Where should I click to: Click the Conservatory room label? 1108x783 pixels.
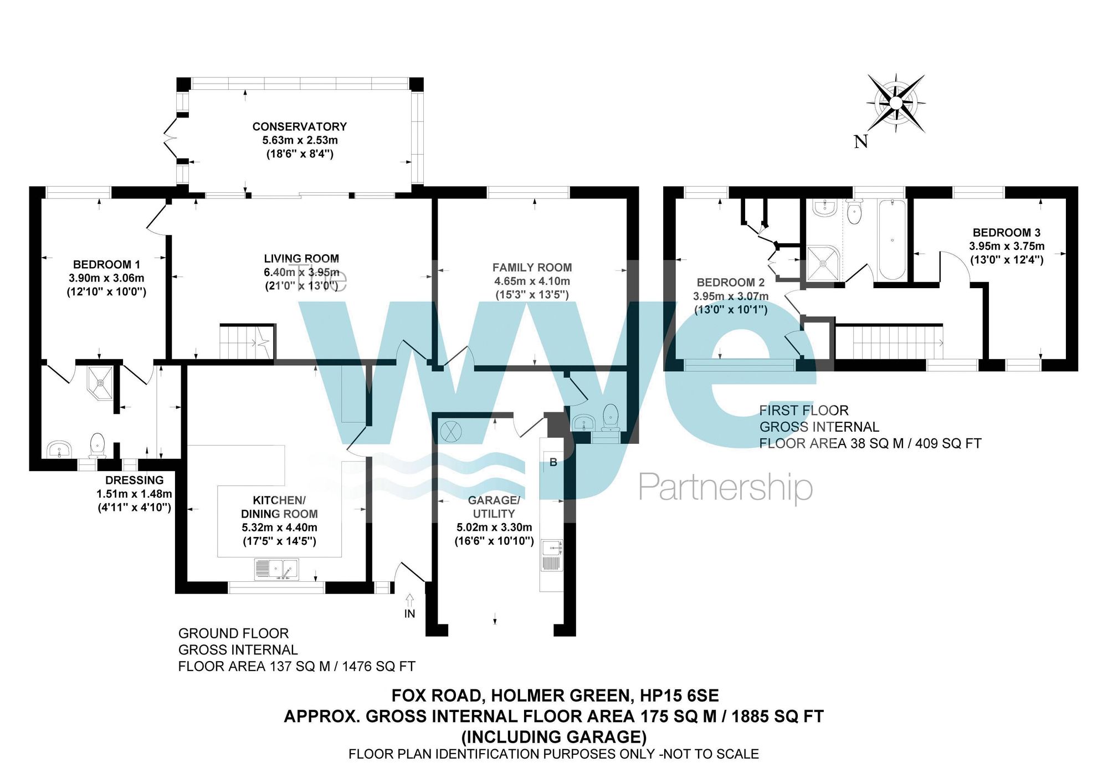tap(300, 126)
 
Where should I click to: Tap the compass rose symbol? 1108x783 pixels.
tap(896, 103)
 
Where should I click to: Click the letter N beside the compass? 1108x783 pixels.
tap(860, 142)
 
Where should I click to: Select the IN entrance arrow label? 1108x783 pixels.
tap(409, 613)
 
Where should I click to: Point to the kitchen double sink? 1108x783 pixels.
tap(276, 569)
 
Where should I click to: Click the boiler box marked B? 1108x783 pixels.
tap(553, 462)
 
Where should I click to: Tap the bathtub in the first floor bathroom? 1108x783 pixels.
tap(892, 239)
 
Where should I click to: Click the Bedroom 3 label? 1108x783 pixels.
tap(1006, 233)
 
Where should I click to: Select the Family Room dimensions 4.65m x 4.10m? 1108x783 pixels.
tap(532, 281)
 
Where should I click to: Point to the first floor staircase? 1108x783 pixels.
tap(889, 342)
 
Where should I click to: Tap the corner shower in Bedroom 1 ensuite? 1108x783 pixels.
tap(100, 382)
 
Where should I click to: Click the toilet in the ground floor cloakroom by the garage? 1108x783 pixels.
tap(610, 417)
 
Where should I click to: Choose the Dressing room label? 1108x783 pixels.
tap(135, 480)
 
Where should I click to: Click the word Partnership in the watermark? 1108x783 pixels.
tap(726, 488)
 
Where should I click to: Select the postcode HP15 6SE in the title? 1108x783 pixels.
tap(679, 695)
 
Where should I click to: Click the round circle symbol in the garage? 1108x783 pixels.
tap(450, 432)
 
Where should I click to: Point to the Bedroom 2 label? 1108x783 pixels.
tap(730, 283)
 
